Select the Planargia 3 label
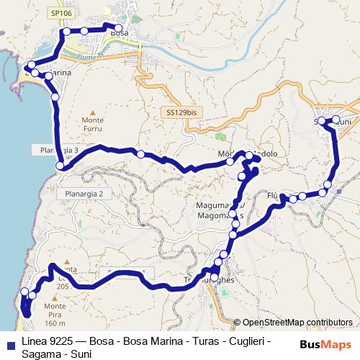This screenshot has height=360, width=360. [x=55, y=150]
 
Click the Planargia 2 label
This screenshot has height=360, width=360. [x=81, y=194]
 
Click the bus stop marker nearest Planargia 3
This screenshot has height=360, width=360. [x=61, y=167]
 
